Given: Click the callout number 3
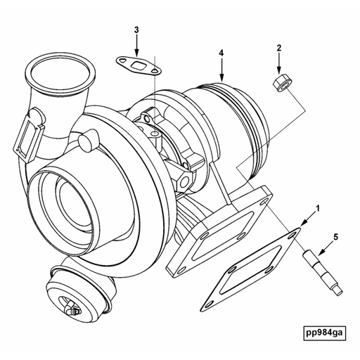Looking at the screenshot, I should [x=136, y=30].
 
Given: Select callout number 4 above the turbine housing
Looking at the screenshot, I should [x=221, y=53].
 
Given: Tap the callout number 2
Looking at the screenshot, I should [x=278, y=48].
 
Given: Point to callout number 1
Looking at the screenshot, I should [x=318, y=209].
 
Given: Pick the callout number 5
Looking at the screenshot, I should [x=335, y=237].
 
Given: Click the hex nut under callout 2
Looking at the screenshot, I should [x=278, y=83].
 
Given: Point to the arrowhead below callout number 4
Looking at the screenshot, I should [x=221, y=75].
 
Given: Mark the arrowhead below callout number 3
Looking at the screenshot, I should [x=136, y=53].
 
